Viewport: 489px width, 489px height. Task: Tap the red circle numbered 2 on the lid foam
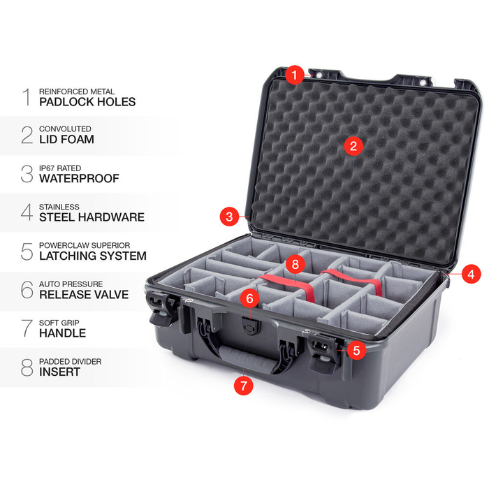coord(353,146)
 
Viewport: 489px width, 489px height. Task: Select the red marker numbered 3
coord(229,217)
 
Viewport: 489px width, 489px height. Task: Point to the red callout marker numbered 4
coord(470,275)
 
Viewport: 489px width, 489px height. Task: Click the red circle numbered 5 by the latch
coord(357,349)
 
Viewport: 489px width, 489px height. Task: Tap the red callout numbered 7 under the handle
coord(242,385)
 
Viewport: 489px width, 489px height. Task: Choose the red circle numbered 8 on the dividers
coord(295,265)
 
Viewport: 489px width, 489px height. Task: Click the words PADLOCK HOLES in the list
coord(87,102)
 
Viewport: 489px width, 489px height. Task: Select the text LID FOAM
coord(66,140)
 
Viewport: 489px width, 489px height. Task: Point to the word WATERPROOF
coord(79,179)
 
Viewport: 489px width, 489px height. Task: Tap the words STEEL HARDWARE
coord(92,217)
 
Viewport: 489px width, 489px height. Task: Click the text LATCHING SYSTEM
coord(93,256)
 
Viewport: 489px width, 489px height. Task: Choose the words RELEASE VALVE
coord(84,294)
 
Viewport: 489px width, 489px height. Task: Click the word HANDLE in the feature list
coord(63,333)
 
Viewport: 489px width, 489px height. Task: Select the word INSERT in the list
coord(59,372)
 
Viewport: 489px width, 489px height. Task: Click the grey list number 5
coord(27,251)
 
